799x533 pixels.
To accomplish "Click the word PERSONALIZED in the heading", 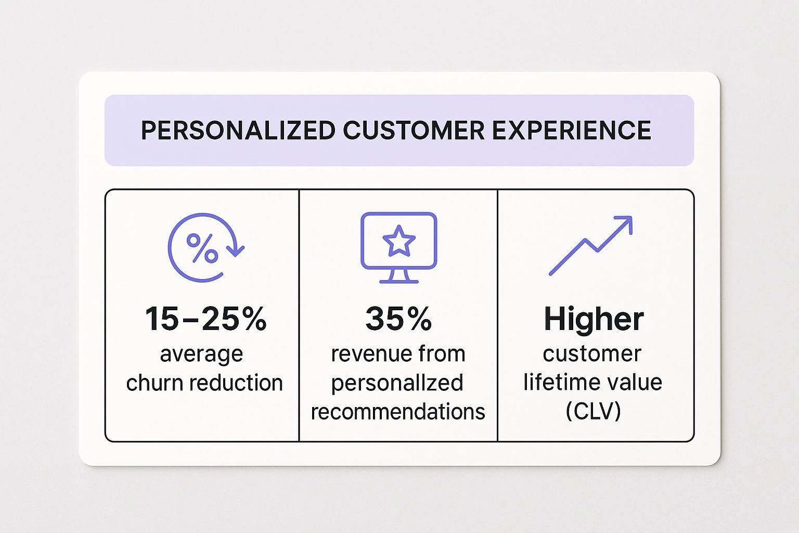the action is [238, 130].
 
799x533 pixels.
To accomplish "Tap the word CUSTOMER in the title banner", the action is [414, 130].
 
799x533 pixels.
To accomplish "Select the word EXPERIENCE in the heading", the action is [572, 130].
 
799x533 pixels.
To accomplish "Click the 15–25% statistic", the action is [206, 319].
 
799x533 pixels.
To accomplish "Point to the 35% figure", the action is [398, 319].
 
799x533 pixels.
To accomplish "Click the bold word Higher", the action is [594, 319].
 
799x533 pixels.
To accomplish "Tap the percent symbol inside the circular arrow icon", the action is [202, 248].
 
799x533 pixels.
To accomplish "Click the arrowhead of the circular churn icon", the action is [236, 250].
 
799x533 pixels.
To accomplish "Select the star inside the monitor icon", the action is [399, 240].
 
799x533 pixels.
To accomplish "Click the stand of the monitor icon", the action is [399, 276].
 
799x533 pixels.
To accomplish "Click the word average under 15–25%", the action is [201, 354].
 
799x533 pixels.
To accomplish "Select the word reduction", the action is [236, 383].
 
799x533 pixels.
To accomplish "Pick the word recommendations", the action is [398, 412].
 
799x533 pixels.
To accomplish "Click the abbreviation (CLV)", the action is [594, 411].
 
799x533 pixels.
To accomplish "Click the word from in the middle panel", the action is [442, 354].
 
